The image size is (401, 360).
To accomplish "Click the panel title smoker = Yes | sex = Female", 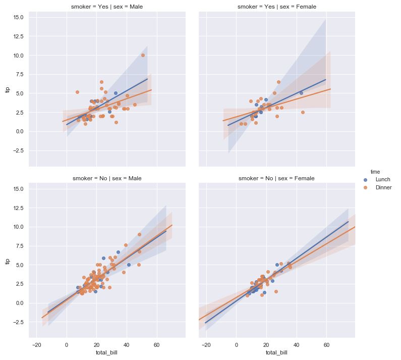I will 276,7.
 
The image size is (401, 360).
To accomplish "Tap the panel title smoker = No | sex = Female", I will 276,178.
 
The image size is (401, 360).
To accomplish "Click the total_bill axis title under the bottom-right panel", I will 276,353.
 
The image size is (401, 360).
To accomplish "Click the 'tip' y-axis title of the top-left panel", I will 7,90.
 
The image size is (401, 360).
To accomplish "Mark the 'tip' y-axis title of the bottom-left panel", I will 7,262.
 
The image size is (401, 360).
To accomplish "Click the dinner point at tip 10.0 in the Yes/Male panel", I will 143,55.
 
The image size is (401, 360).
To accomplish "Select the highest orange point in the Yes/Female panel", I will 278,82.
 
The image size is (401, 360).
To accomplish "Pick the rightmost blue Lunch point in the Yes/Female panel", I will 301,93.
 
